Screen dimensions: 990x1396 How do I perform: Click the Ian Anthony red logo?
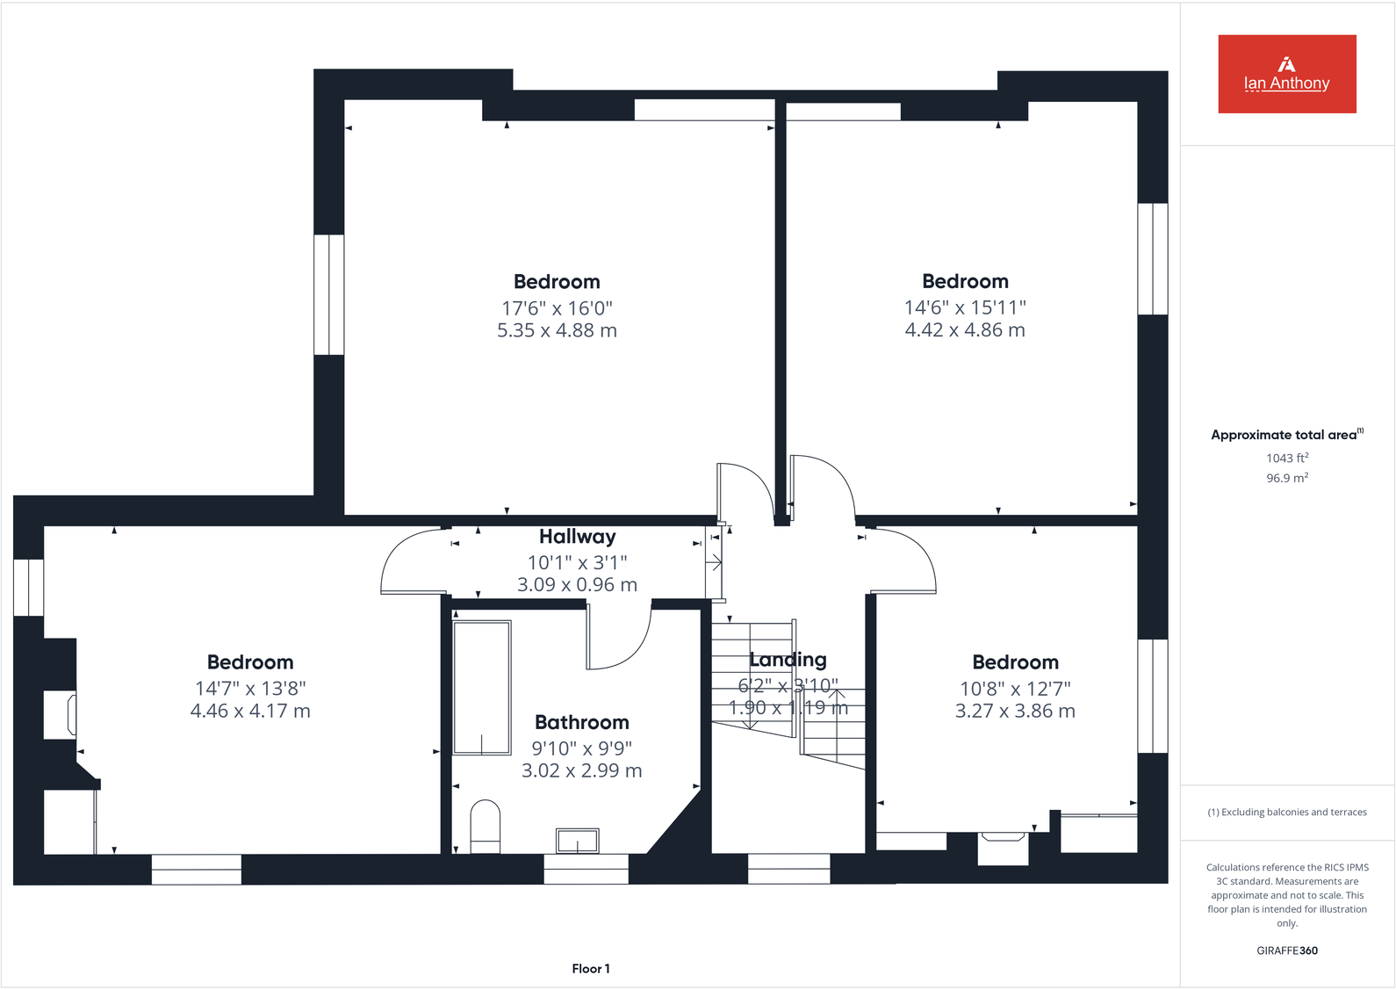[x=1286, y=74]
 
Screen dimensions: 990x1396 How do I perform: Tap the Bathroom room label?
[x=581, y=722]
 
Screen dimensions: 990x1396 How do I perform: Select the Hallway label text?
[x=577, y=536]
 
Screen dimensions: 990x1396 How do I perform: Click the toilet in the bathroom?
[x=485, y=825]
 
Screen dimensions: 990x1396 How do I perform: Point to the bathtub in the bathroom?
[x=482, y=687]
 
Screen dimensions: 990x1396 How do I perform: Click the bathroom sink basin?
[x=577, y=841]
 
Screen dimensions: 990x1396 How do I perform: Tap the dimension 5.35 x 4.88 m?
[x=557, y=330]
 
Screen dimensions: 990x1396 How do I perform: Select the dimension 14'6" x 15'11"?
[x=965, y=307]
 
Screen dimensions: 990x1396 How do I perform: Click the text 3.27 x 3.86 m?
[x=1015, y=711]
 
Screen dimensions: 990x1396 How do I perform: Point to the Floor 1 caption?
[x=590, y=968]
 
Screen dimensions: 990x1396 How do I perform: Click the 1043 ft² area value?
[x=1286, y=458]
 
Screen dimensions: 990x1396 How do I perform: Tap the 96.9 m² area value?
[x=1286, y=478]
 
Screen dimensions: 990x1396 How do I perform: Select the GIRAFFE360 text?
[x=1286, y=950]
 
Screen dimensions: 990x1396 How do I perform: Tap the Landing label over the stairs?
[x=788, y=659]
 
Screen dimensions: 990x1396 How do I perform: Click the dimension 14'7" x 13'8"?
[x=250, y=688]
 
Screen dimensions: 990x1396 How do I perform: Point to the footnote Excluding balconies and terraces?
[x=1286, y=812]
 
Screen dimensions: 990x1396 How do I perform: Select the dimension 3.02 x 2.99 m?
[x=581, y=770]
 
